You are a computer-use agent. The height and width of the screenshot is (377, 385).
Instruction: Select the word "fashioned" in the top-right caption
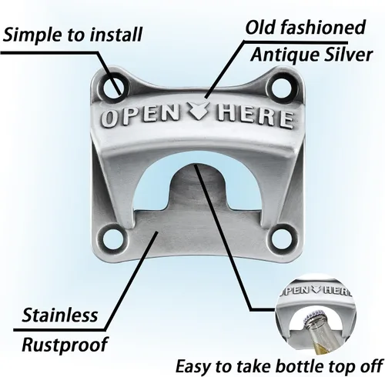point(323,27)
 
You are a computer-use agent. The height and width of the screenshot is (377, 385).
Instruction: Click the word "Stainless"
point(60,315)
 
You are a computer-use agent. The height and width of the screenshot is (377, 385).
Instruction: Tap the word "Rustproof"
point(65,345)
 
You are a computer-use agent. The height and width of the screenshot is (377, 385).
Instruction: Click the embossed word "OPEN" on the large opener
point(139,116)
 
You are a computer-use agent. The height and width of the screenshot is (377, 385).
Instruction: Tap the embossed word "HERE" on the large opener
point(255,118)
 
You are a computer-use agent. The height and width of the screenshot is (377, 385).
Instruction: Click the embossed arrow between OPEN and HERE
point(197,111)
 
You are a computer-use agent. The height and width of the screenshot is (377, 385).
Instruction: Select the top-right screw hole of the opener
point(282,88)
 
